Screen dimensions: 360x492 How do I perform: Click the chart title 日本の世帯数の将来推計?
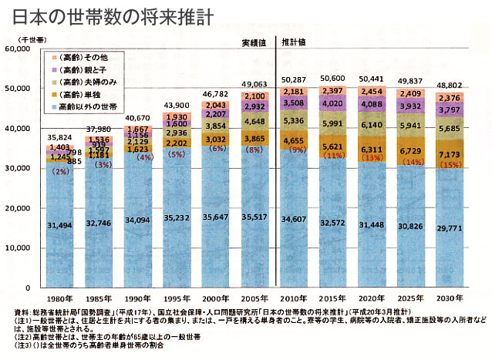[108, 15]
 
